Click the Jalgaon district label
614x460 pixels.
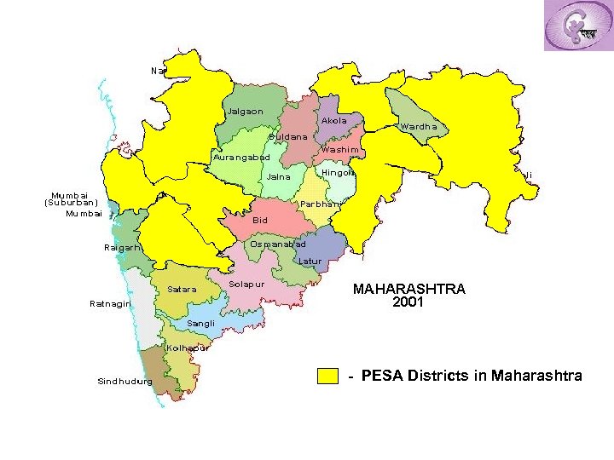click(x=245, y=112)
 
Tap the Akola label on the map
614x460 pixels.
click(x=334, y=121)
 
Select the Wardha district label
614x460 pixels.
click(x=418, y=127)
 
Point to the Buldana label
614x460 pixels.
click(x=287, y=137)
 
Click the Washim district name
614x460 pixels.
click(x=339, y=150)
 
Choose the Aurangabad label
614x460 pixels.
click(x=240, y=158)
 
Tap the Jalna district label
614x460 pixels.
click(x=279, y=177)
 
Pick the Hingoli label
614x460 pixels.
click(x=338, y=173)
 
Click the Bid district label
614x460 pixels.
click(x=260, y=221)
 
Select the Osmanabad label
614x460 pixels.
click(x=277, y=244)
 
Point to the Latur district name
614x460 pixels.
click(x=310, y=261)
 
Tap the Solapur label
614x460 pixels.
click(x=247, y=283)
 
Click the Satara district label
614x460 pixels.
click(x=182, y=290)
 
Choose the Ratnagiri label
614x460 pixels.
click(x=110, y=304)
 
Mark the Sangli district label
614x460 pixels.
click(x=201, y=324)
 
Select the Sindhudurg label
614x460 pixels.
click(x=125, y=382)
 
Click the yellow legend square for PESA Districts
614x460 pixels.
click(x=328, y=377)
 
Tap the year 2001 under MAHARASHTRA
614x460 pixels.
click(x=409, y=302)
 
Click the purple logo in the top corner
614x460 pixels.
click(x=578, y=26)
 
